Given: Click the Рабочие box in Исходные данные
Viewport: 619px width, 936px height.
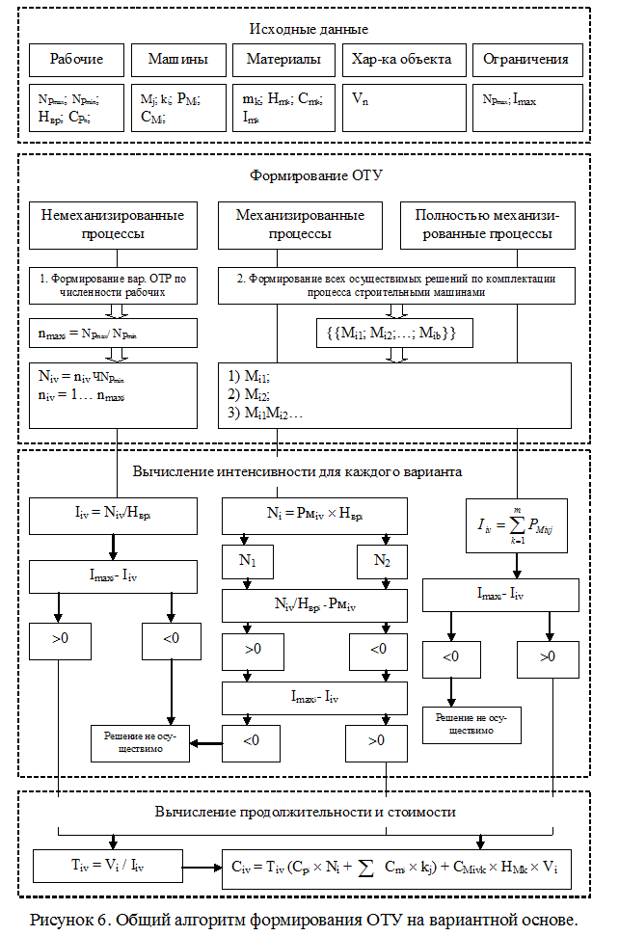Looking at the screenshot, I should (77, 60).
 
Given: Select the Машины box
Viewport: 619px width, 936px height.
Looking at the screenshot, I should (177, 60).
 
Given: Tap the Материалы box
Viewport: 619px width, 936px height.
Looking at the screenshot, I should (283, 60).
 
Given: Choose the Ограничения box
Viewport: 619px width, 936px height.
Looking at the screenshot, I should (525, 60).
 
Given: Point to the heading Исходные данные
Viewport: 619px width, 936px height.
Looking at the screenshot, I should (309, 29).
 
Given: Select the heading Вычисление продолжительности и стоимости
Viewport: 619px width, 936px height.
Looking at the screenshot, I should (305, 812).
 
